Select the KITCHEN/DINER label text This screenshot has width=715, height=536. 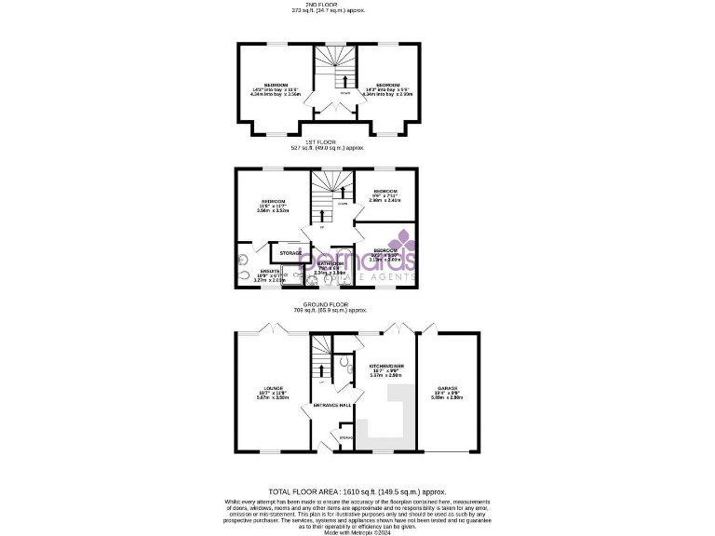pyautogui.click(x=385, y=367)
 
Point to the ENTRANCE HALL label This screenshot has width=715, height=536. pyautogui.click(x=331, y=406)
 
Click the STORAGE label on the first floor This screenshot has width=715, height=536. pyautogui.click(x=290, y=252)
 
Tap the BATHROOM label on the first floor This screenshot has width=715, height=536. pyautogui.click(x=330, y=263)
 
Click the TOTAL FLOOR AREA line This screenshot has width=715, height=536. pyautogui.click(x=357, y=490)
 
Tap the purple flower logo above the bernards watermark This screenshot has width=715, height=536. pyautogui.click(x=401, y=240)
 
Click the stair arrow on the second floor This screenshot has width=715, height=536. pyautogui.click(x=334, y=80)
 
